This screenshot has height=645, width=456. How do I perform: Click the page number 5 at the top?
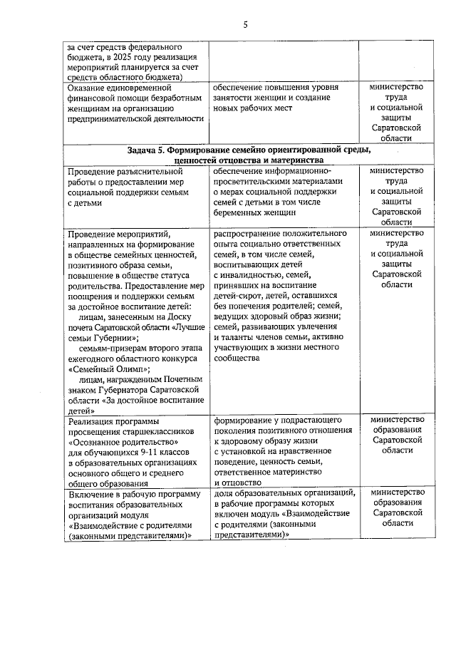[245, 26]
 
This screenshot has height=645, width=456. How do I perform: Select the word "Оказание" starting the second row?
[89, 88]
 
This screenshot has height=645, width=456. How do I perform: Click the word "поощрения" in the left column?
[90, 294]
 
